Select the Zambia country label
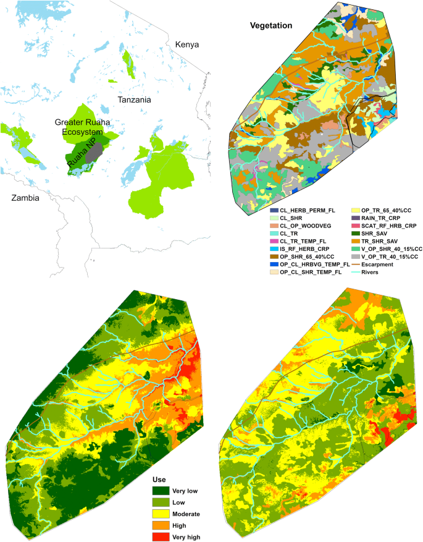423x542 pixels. click(20, 198)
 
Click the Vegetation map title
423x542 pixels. click(271, 26)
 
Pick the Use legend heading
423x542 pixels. click(162, 478)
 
